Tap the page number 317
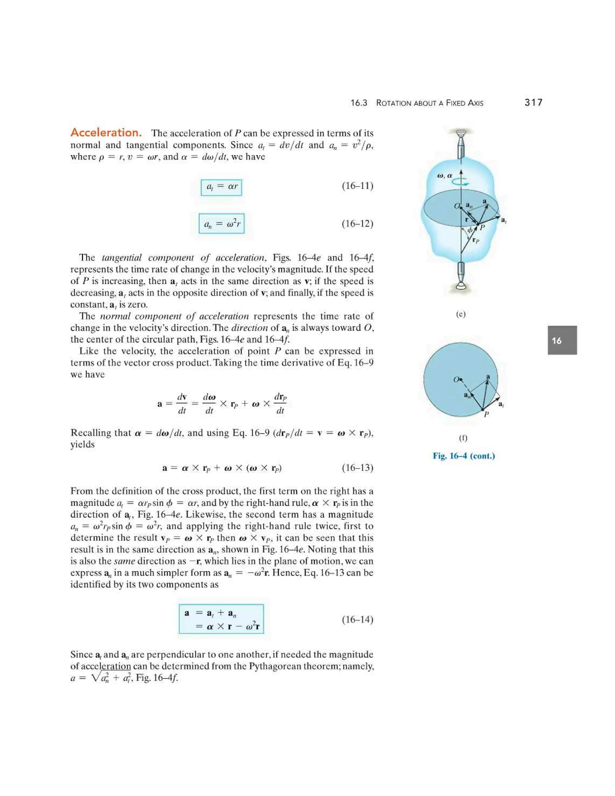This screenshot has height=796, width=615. pos(533,102)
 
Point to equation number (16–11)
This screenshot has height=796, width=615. pos(357,186)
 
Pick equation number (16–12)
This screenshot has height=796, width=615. pos(357,223)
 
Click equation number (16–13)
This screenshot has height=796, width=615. pos(357,468)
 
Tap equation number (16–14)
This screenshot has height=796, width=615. pos(357,619)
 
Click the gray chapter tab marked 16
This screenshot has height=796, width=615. pos(562,340)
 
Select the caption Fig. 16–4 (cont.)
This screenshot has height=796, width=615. pos(463,456)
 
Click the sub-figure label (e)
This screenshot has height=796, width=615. pos(461,314)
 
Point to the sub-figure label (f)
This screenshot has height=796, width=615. pos(463,438)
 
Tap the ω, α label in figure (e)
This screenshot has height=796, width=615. pos(444,175)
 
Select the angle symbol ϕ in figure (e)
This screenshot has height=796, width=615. pos(470,230)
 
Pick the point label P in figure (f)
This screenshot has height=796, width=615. pos(486,415)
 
